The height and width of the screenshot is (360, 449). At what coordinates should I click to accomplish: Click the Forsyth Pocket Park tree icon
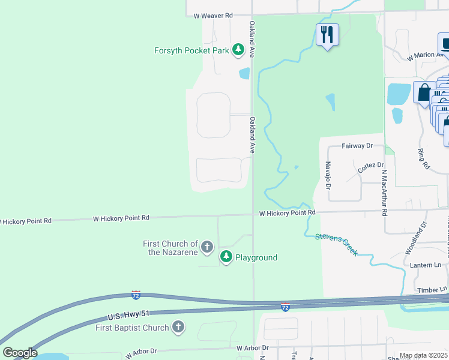click(238, 50)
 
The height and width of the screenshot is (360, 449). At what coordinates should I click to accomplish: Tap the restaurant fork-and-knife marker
click(327, 34)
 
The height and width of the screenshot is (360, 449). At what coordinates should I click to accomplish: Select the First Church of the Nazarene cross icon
click(206, 247)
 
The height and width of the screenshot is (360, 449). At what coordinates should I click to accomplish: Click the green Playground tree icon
click(226, 257)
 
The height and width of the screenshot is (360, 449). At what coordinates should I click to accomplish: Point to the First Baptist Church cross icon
click(178, 327)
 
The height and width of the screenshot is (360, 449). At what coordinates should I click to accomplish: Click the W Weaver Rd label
click(208, 15)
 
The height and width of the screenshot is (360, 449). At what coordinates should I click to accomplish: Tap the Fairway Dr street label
click(357, 146)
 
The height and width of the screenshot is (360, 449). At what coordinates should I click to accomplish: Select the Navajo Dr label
click(328, 174)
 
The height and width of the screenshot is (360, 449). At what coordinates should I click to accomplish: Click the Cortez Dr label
click(370, 165)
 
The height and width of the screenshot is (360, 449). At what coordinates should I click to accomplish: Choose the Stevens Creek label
click(337, 244)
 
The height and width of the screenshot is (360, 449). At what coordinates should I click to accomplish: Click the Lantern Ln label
click(426, 265)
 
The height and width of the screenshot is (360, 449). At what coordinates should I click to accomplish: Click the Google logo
click(20, 353)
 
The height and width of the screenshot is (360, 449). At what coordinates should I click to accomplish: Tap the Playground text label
click(256, 258)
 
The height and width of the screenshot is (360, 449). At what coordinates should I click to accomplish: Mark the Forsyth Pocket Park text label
click(191, 50)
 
